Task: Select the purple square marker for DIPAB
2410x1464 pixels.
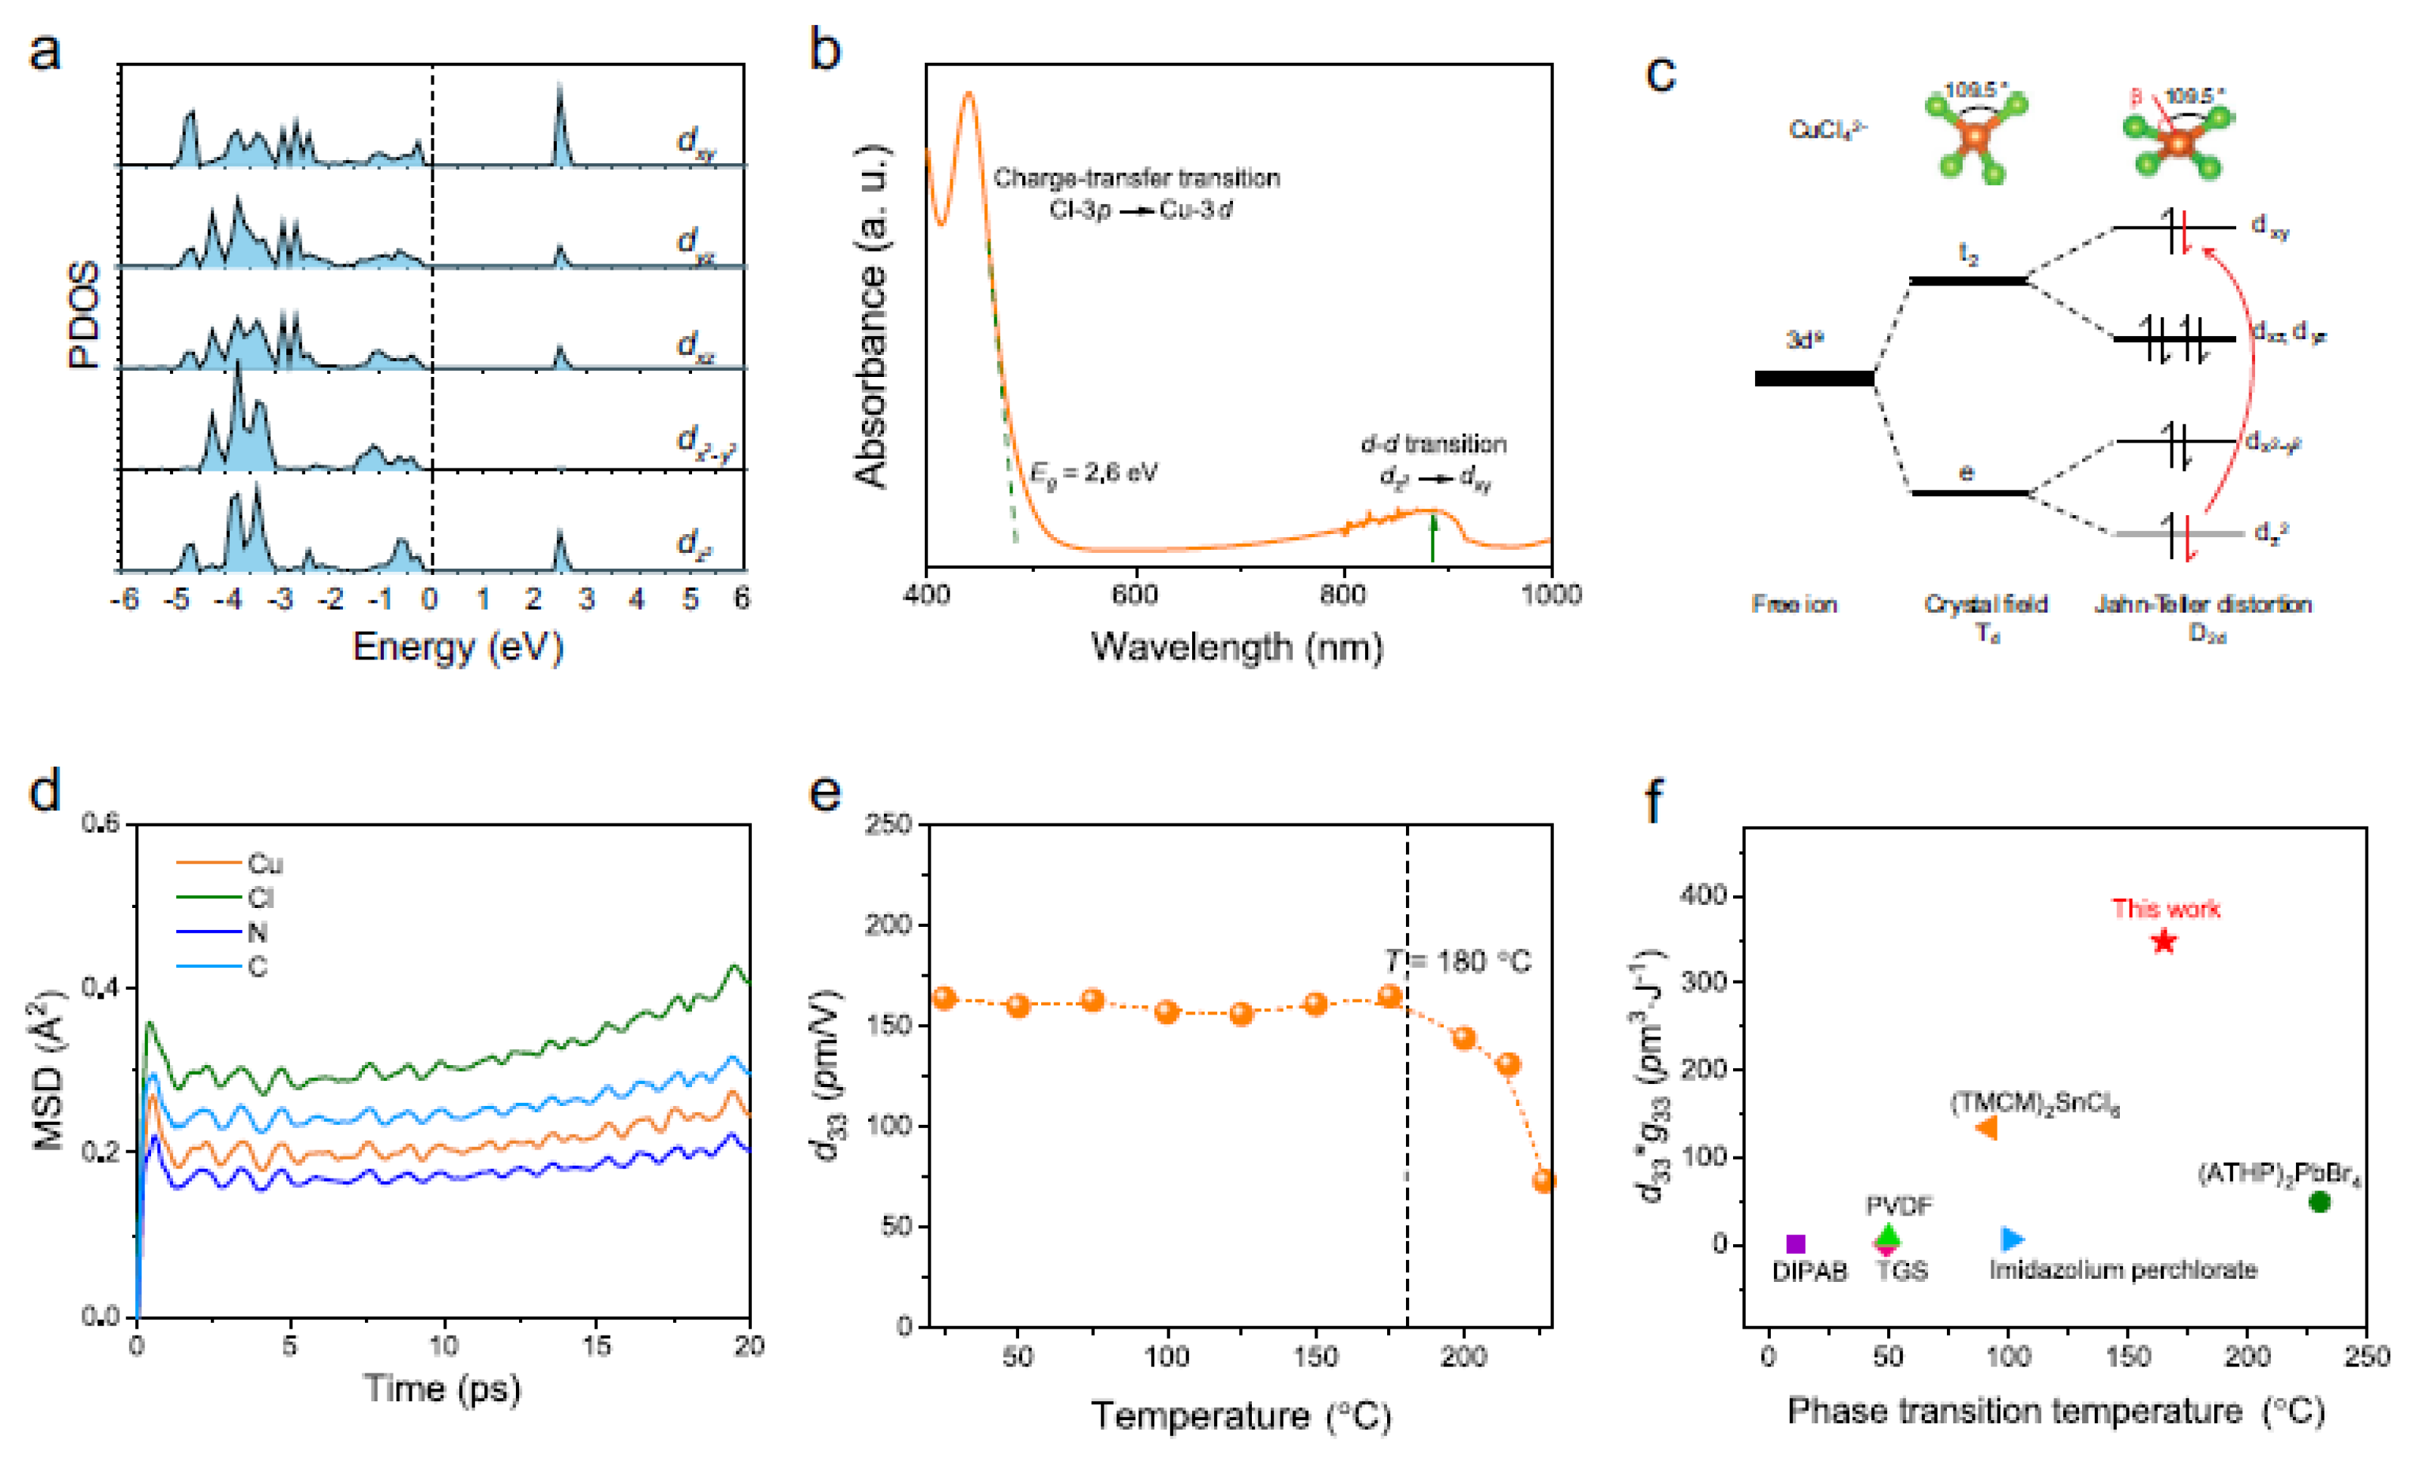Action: tap(1795, 1244)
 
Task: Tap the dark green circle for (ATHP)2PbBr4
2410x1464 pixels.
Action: tap(2319, 1202)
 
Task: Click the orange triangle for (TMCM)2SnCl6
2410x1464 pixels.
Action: tap(1985, 1128)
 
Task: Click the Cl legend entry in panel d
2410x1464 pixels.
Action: tap(259, 897)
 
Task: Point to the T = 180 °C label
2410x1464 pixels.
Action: tap(1458, 962)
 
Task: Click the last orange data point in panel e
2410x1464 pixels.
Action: tap(1543, 1181)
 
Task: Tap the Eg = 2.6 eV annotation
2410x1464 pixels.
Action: tap(1092, 474)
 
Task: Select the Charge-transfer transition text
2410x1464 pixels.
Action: tap(1136, 178)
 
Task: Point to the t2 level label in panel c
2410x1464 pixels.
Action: tap(1968, 256)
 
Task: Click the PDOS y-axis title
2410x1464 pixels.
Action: tap(84, 315)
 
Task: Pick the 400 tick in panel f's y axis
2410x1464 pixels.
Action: tap(1703, 895)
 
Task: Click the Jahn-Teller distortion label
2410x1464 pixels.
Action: tap(2203, 604)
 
